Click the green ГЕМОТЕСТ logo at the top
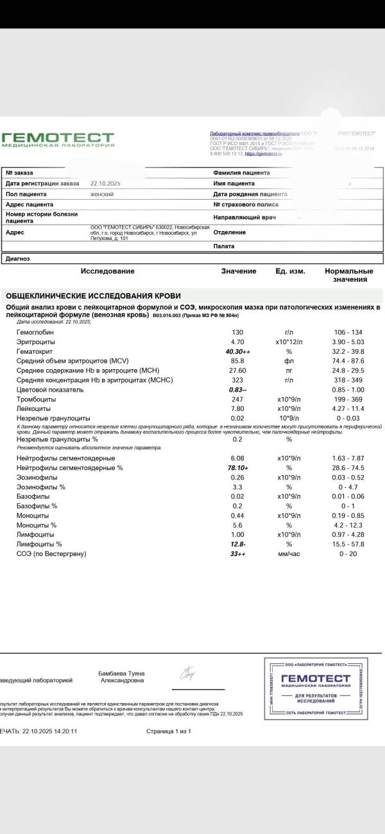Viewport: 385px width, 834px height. (x=57, y=139)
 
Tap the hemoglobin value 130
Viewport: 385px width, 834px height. (x=237, y=332)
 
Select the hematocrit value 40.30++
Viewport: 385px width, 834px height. (x=237, y=351)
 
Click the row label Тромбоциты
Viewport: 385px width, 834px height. (x=35, y=399)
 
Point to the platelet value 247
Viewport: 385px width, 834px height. (x=237, y=399)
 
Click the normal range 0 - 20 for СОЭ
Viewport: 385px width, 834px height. (x=348, y=553)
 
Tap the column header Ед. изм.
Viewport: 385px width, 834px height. (x=290, y=271)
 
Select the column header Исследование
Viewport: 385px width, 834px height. (x=107, y=271)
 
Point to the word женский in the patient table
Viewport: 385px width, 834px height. (x=102, y=193)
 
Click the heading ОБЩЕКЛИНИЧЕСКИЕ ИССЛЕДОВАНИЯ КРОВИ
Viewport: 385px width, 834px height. (x=93, y=296)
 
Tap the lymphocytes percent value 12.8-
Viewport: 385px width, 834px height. (x=237, y=544)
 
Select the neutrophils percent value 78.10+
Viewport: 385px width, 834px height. (x=237, y=467)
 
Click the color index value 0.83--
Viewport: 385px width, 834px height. (x=237, y=389)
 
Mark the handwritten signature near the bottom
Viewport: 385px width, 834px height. (x=188, y=674)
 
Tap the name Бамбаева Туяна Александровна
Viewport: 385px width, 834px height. (x=121, y=677)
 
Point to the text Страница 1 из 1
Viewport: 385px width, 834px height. (x=168, y=731)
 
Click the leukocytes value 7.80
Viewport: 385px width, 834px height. (x=237, y=408)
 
